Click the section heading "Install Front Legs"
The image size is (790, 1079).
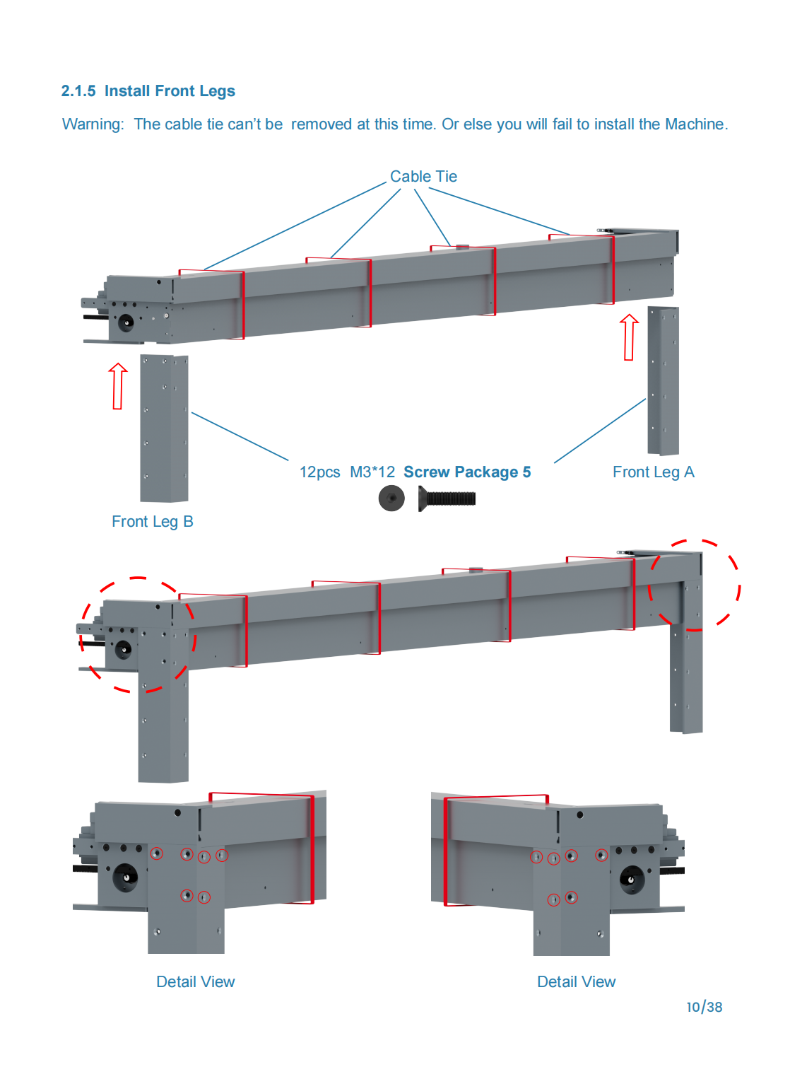(x=170, y=91)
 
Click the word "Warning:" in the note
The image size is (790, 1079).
(x=93, y=124)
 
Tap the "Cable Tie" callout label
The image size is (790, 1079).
(x=423, y=177)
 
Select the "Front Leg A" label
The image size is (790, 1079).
(x=653, y=472)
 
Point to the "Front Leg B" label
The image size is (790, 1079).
(x=152, y=522)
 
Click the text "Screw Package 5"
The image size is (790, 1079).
(x=467, y=472)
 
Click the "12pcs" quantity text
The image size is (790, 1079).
(x=319, y=472)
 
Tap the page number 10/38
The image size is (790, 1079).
(x=704, y=1007)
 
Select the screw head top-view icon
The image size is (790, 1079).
(x=391, y=498)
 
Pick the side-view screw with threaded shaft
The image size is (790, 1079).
(x=447, y=498)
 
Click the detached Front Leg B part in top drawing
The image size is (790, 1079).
(x=164, y=428)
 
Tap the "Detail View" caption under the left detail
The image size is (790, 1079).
(x=196, y=982)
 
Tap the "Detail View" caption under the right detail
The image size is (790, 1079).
(x=576, y=982)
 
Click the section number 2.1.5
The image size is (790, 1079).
(x=78, y=91)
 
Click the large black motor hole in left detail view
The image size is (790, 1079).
(x=126, y=877)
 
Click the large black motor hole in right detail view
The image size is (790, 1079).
(x=631, y=879)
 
